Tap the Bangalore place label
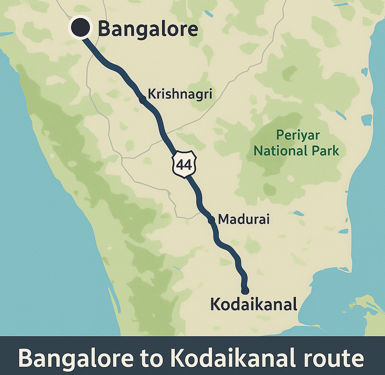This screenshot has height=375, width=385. click(148, 29)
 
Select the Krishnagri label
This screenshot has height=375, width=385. click(180, 93)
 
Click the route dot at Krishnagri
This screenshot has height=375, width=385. click(142, 99)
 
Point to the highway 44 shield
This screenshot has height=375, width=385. click(184, 164)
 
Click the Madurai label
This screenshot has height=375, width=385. click(244, 219)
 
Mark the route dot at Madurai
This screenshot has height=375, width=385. click(211, 220)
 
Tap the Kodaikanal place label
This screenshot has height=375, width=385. click(254, 304)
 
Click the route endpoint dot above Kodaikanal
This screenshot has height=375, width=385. click(245, 290)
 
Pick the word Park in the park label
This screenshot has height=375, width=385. click(325, 151)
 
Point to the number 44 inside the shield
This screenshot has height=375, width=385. click(184, 164)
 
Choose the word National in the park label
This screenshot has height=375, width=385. click(279, 151)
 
